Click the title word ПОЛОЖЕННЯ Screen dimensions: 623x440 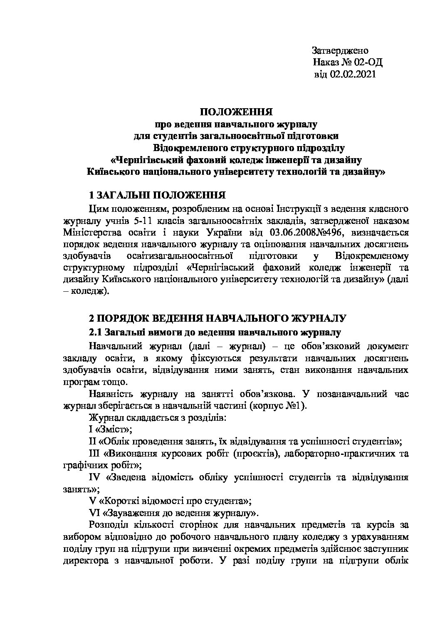pos(236,112)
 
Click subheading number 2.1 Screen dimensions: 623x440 pos(96,332)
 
